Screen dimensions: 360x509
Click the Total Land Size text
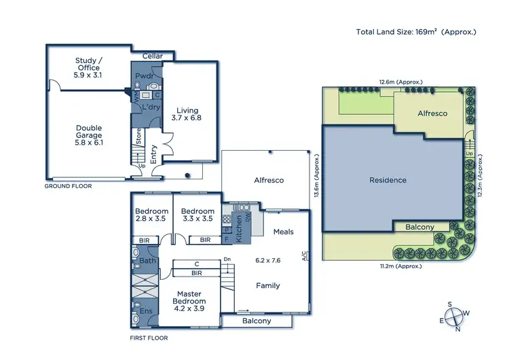click(x=417, y=31)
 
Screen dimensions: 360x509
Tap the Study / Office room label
click(x=88, y=67)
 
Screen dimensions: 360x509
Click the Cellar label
click(x=152, y=56)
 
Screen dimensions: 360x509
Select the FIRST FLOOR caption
click(x=149, y=338)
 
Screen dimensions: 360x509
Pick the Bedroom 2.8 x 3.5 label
click(x=151, y=215)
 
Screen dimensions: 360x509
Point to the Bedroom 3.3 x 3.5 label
click(x=198, y=215)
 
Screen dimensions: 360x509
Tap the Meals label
click(x=283, y=232)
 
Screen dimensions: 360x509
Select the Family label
click(x=267, y=286)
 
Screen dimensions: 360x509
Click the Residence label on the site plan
click(x=388, y=180)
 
